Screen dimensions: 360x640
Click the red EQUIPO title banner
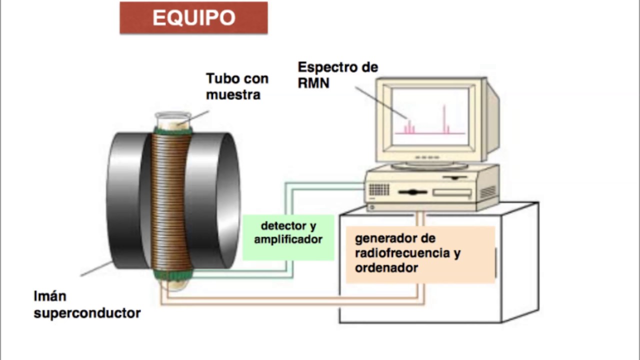[193, 18]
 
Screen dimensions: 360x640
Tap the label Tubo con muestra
[237, 86]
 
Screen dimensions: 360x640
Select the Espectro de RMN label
[337, 74]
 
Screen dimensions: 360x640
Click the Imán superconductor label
[86, 304]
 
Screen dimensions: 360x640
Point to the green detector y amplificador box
[288, 237]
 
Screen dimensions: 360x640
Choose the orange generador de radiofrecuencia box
[420, 254]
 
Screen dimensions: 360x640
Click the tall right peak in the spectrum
[444, 120]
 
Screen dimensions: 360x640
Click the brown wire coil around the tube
[172, 200]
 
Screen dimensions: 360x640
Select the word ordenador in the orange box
[386, 268]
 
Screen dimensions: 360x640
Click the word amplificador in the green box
[288, 239]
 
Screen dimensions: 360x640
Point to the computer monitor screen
[430, 116]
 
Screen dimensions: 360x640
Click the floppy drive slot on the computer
[452, 192]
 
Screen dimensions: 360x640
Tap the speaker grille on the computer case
[379, 189]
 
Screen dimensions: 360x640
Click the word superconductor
[87, 313]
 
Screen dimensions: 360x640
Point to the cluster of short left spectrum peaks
[409, 127]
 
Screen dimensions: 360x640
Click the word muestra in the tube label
[233, 94]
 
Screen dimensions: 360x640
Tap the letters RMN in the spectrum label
[313, 83]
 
